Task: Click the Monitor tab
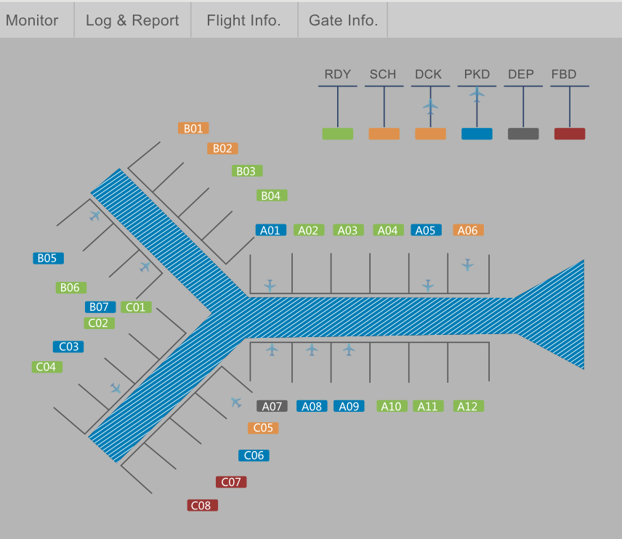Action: coord(32,20)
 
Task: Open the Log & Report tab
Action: coord(132,20)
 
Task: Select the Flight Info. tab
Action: coord(243,20)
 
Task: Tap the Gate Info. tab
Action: coord(343,20)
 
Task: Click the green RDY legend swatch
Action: coord(337,134)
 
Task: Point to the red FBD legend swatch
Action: coord(570,134)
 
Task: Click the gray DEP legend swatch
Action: coord(523,134)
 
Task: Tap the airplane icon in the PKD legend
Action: coord(477,94)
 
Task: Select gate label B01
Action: coord(193,128)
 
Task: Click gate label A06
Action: coord(468,230)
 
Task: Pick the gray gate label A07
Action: coord(272,407)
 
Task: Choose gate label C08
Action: coord(202,506)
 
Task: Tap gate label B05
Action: coord(48,259)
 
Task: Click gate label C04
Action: coord(47,368)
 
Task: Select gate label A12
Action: coord(468,407)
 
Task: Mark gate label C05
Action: coord(263,429)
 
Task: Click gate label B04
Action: coord(272,195)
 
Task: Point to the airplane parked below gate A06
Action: coord(467,265)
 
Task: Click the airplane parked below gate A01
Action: coord(270,285)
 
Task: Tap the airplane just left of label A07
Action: coord(235,402)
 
